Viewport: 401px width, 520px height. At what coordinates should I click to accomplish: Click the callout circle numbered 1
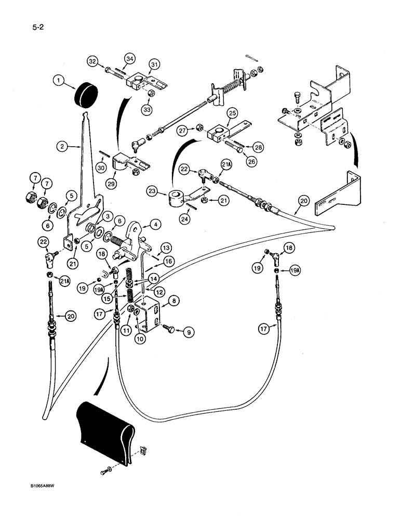[x=60, y=81]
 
